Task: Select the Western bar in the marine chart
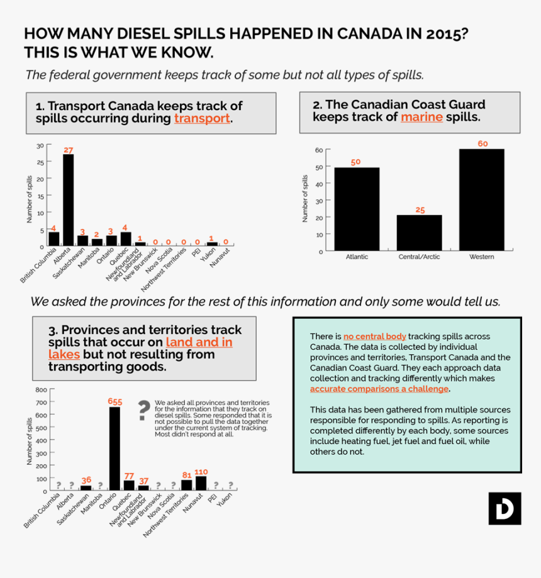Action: point(481,199)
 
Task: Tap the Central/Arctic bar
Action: point(419,233)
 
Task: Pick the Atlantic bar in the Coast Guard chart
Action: point(356,209)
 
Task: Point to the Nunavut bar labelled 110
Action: point(201,482)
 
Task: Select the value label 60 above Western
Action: point(482,144)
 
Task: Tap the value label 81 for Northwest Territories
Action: point(186,475)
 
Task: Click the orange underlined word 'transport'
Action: point(202,118)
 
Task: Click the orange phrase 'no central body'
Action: point(375,336)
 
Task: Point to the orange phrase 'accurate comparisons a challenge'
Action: point(379,389)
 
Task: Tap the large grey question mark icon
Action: point(144,410)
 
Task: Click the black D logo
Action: point(505,508)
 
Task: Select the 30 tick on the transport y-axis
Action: point(40,146)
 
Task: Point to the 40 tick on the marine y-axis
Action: point(319,184)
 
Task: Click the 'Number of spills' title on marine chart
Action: point(306,199)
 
